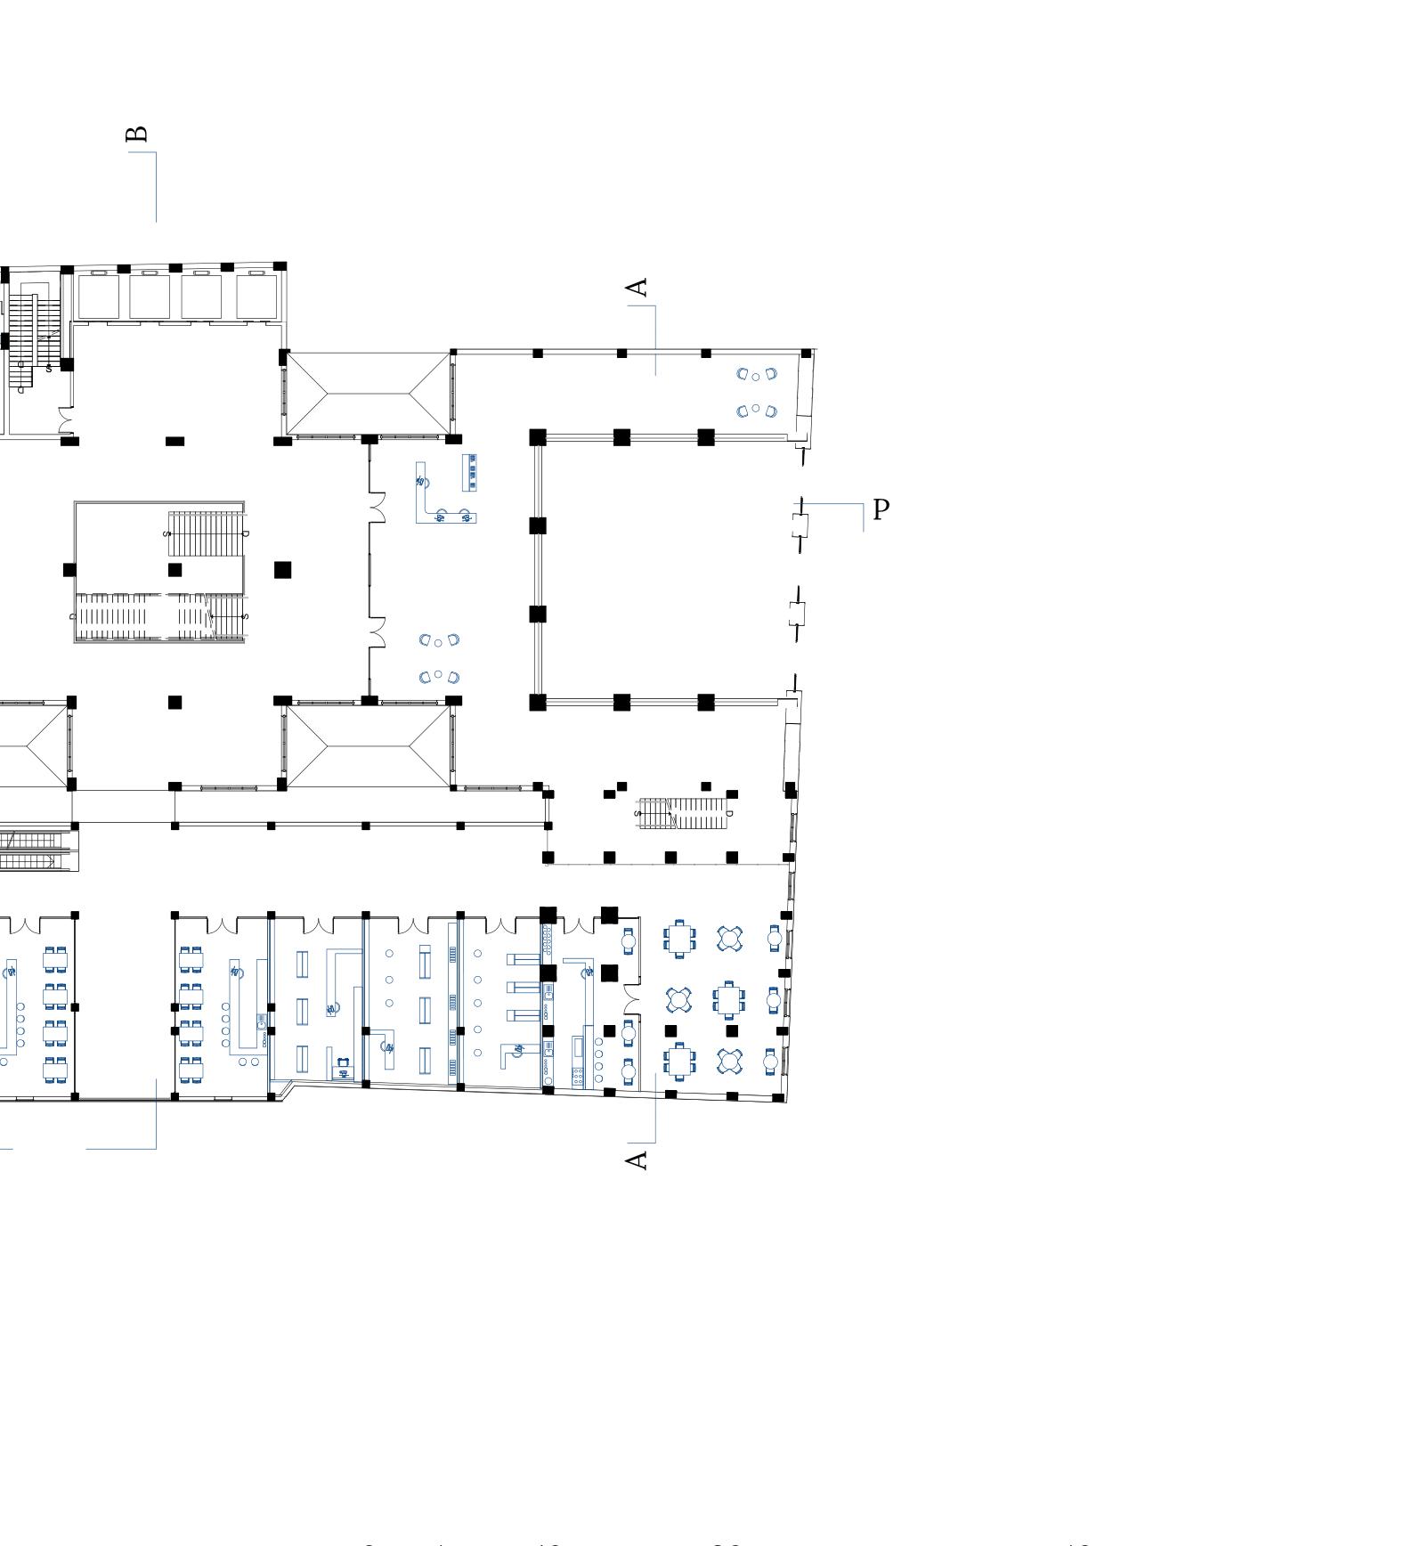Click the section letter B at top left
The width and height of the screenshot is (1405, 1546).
point(137,134)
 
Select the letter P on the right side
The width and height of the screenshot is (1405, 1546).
point(881,509)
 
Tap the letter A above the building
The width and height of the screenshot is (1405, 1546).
point(637,288)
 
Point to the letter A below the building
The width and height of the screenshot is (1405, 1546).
point(637,1159)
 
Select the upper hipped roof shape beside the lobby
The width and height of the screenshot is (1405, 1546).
point(369,393)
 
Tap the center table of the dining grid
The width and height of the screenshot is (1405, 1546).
point(729,1000)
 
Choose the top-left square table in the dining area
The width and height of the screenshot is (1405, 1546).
point(679,939)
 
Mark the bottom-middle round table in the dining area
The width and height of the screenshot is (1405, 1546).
point(729,1061)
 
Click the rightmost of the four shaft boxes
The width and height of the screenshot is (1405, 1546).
point(256,297)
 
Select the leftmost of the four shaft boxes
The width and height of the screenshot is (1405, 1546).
point(98,297)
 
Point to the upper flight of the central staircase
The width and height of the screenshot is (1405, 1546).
point(207,533)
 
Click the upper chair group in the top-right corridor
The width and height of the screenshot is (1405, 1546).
point(756,374)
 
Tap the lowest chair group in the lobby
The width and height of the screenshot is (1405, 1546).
point(439,677)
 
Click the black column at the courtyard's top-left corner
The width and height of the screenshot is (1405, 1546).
point(538,437)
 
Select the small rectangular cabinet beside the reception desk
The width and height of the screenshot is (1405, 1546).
point(469,472)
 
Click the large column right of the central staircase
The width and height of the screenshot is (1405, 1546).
point(282,570)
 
